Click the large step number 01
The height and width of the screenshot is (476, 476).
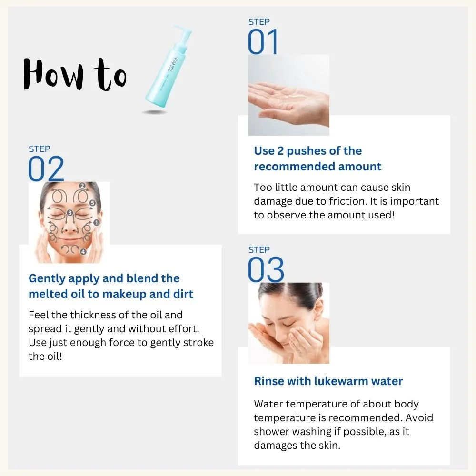point(263,41)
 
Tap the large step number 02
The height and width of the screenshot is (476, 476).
point(46,169)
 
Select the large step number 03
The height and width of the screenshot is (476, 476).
point(266,269)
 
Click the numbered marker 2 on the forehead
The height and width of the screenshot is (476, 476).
point(82,186)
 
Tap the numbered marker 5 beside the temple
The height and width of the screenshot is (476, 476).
point(93,203)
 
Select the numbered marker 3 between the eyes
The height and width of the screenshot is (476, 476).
point(70,213)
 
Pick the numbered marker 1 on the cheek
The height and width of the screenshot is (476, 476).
point(97,223)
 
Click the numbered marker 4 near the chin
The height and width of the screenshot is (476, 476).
point(83,252)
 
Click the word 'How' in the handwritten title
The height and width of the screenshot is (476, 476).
point(53,74)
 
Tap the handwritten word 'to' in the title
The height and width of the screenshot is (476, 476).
point(110,75)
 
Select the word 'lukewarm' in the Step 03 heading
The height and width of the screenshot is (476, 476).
point(341,381)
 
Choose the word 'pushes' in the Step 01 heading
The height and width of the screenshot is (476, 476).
point(305,151)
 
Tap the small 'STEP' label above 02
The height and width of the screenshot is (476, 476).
point(40,149)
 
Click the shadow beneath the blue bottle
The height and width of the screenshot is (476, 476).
point(155,112)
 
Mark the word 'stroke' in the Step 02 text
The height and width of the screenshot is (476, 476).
point(198,342)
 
